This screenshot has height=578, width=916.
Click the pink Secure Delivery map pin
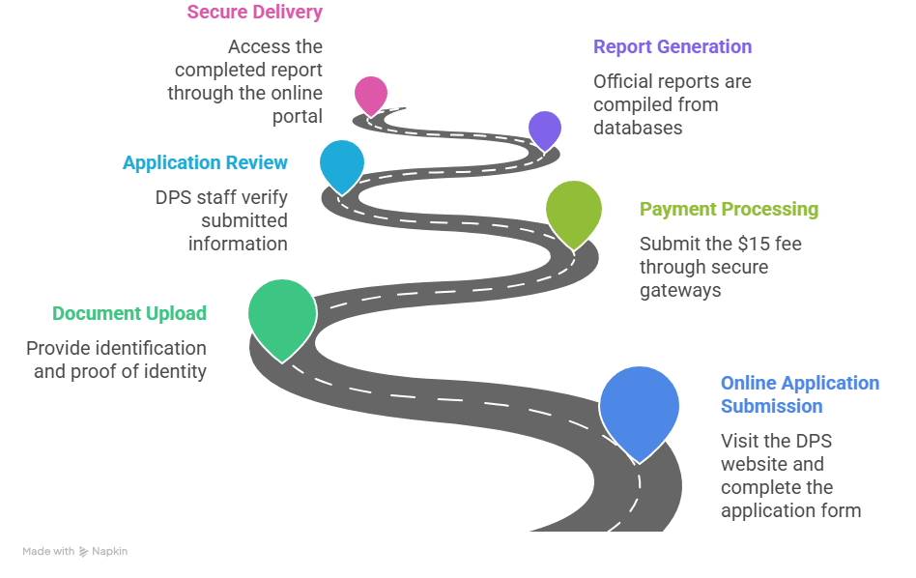click(371, 95)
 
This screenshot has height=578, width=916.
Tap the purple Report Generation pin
click(545, 130)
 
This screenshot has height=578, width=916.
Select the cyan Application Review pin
click(342, 165)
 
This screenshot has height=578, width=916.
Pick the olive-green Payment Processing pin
click(574, 212)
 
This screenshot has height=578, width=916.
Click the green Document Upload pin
click(282, 316)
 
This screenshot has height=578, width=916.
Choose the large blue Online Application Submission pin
click(639, 409)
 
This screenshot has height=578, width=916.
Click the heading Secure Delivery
click(255, 12)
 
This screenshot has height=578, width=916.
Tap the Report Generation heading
click(673, 46)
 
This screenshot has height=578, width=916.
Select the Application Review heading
click(205, 162)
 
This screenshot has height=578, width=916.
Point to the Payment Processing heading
click(730, 209)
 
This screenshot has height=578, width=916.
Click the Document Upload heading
click(129, 314)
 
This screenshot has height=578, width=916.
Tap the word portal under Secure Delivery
click(298, 116)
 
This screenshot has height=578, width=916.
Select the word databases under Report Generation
click(638, 128)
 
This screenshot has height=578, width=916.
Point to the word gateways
click(680, 291)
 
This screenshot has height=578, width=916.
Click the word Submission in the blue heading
click(772, 406)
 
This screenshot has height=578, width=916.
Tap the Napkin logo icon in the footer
click(83, 552)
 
